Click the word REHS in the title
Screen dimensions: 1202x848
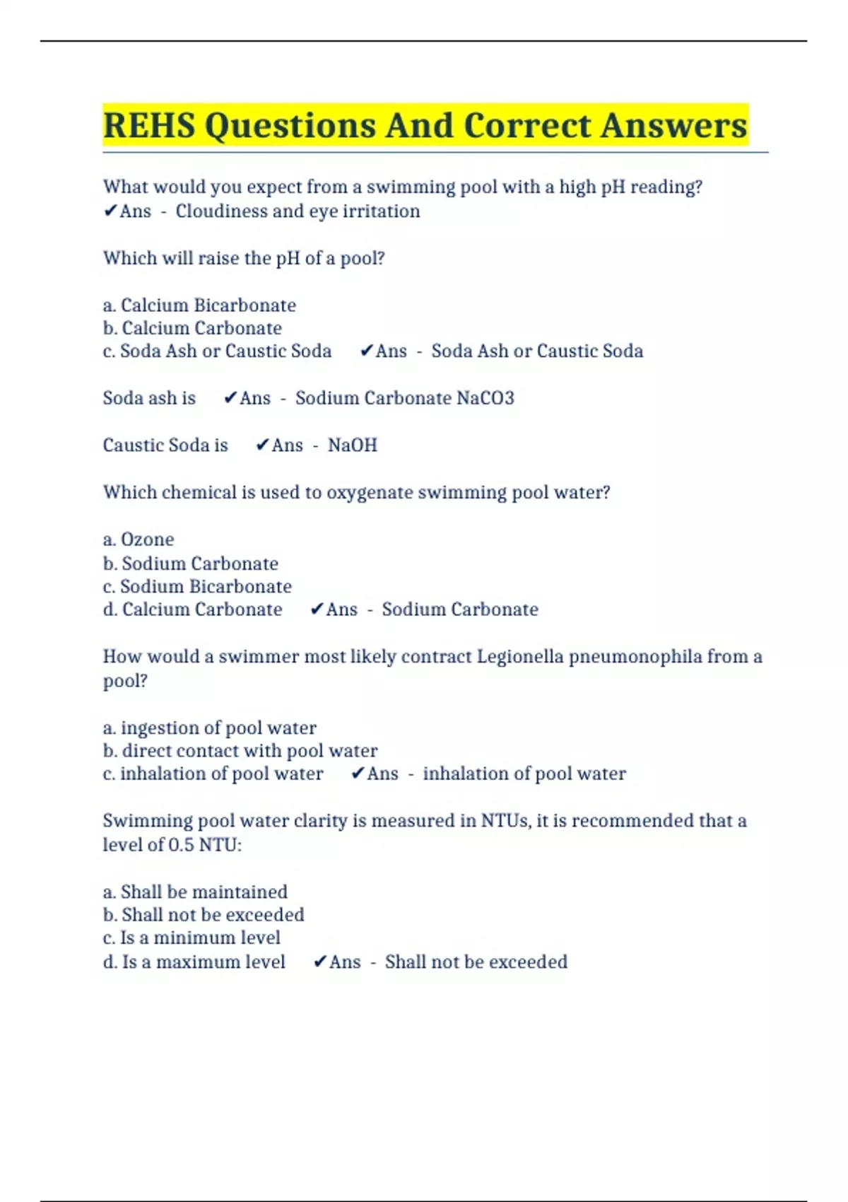[x=148, y=126]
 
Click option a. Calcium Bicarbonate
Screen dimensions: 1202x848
[x=199, y=305]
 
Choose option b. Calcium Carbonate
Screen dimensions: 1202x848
[x=192, y=328]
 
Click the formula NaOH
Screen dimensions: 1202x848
[x=353, y=445]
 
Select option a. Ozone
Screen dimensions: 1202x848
[x=139, y=539]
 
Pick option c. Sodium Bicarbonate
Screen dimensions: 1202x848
[x=197, y=587]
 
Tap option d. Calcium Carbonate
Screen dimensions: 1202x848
[x=192, y=609]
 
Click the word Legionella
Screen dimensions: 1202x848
[x=520, y=657]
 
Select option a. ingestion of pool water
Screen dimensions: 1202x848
[x=209, y=728]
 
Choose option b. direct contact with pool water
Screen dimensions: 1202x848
[x=240, y=751]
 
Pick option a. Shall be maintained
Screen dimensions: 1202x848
[x=195, y=892]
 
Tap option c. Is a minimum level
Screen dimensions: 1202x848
[x=192, y=938]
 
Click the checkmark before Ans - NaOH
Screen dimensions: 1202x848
[x=262, y=445]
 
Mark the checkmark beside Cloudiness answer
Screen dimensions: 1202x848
[x=110, y=211]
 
